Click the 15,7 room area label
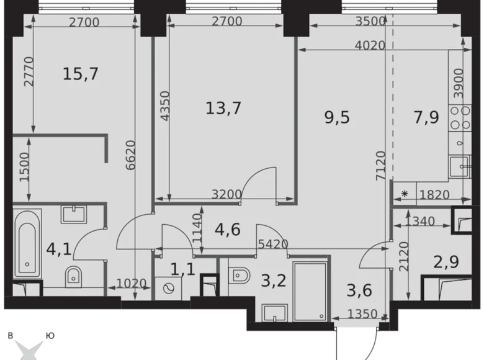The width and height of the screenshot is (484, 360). (x=81, y=74)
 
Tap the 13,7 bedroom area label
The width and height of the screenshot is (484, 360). (x=223, y=108)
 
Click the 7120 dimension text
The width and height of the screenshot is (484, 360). (x=379, y=165)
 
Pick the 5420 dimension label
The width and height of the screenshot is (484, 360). (x=274, y=244)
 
